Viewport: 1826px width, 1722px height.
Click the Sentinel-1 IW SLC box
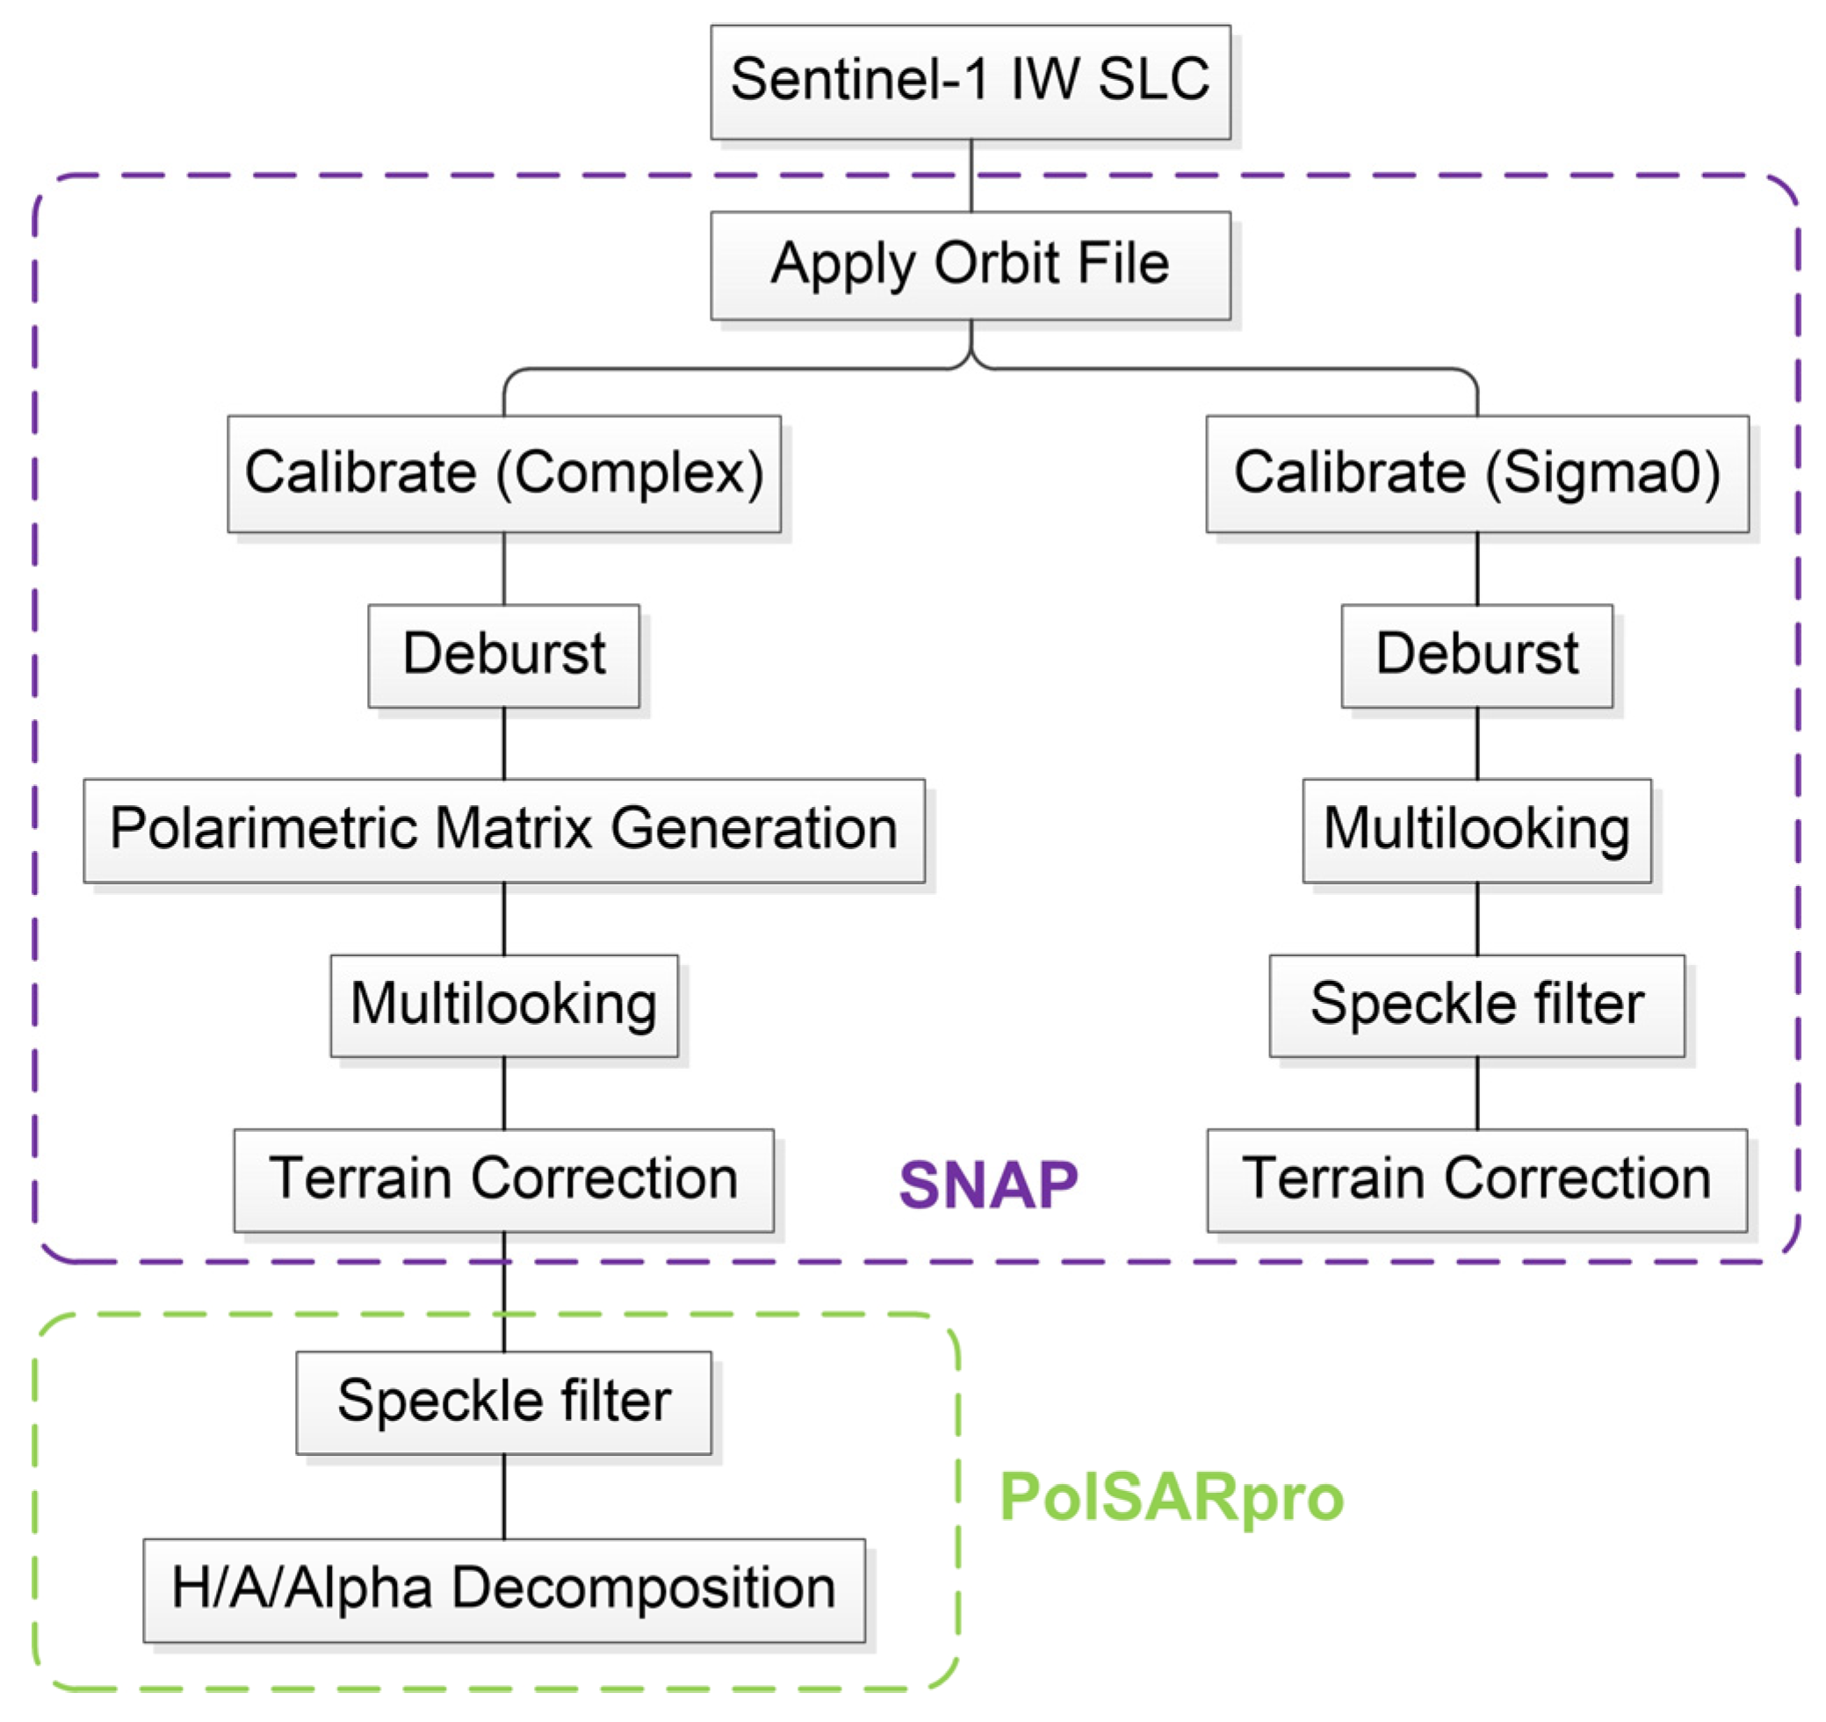(x=970, y=82)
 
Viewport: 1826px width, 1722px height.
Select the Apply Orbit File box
(x=970, y=265)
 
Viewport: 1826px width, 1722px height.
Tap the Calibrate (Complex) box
(x=503, y=474)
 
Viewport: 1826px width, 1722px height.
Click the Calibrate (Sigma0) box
(x=1476, y=474)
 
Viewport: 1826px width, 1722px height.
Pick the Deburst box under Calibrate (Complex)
(x=503, y=656)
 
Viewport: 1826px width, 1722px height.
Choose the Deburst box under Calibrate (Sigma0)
(x=1476, y=656)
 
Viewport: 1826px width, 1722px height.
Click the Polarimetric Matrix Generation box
(x=503, y=830)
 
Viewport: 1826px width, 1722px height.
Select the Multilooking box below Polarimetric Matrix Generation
(x=503, y=1005)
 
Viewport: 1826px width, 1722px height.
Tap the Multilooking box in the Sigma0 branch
(x=1476, y=830)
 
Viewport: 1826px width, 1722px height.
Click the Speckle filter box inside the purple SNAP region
(x=1476, y=1005)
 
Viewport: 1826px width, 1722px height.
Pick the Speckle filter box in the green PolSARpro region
(x=503, y=1402)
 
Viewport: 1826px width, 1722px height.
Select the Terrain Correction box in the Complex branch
(x=503, y=1180)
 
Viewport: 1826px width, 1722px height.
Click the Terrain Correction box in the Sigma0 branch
(x=1476, y=1180)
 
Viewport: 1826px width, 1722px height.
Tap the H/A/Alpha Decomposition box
(x=503, y=1590)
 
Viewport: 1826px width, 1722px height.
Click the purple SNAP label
(x=987, y=1185)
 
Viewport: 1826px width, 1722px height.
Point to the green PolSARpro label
(x=1171, y=1498)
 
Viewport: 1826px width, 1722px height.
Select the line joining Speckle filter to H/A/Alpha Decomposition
(x=503, y=1497)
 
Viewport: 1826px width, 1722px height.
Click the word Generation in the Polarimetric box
(x=754, y=829)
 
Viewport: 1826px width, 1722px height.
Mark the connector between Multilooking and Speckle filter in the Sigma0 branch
(x=1476, y=919)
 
